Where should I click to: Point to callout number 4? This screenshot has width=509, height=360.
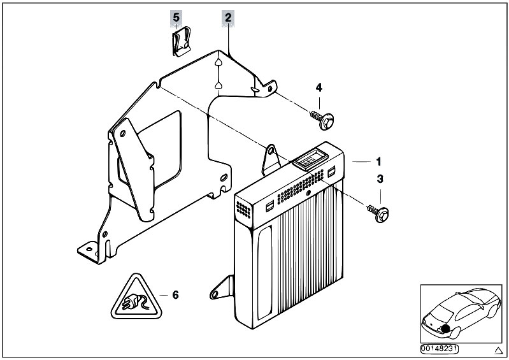[x=319, y=87]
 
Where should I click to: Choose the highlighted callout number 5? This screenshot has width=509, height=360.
[x=176, y=18]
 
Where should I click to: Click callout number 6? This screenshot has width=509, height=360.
[x=176, y=294]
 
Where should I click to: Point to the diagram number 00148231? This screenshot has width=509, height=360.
[x=440, y=349]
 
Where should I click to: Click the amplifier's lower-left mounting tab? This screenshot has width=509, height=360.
[x=220, y=287]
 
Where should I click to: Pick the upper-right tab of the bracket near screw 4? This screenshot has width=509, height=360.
[x=269, y=87]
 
